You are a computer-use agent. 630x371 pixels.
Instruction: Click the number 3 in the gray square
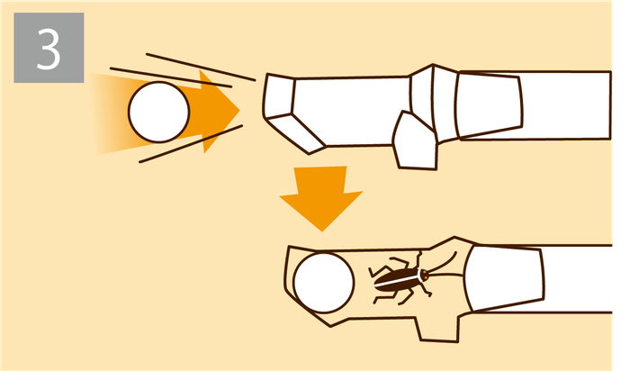[49, 49]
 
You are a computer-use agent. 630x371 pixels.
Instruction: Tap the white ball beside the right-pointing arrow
[158, 113]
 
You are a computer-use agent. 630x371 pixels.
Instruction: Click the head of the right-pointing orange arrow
[219, 111]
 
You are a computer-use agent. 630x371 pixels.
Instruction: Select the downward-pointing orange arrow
[321, 197]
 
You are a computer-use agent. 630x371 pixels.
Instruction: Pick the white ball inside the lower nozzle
[323, 283]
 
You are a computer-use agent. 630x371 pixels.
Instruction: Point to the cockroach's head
[424, 275]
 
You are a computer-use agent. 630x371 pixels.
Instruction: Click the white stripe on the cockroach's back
[397, 280]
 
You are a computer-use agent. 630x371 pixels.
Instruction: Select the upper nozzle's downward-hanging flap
[416, 141]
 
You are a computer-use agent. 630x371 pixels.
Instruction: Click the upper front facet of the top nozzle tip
[279, 95]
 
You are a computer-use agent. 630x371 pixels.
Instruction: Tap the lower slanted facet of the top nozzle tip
[296, 132]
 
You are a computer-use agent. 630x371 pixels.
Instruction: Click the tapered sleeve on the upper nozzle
[490, 105]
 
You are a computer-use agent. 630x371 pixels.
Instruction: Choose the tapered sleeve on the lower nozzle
[505, 278]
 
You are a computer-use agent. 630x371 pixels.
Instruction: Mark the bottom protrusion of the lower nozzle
[438, 329]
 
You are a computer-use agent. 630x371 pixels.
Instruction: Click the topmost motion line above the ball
[201, 67]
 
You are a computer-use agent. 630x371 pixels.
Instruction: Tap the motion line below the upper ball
[191, 143]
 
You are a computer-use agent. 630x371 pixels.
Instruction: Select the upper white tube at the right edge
[566, 105]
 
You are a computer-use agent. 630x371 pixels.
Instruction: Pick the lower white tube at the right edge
[579, 278]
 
